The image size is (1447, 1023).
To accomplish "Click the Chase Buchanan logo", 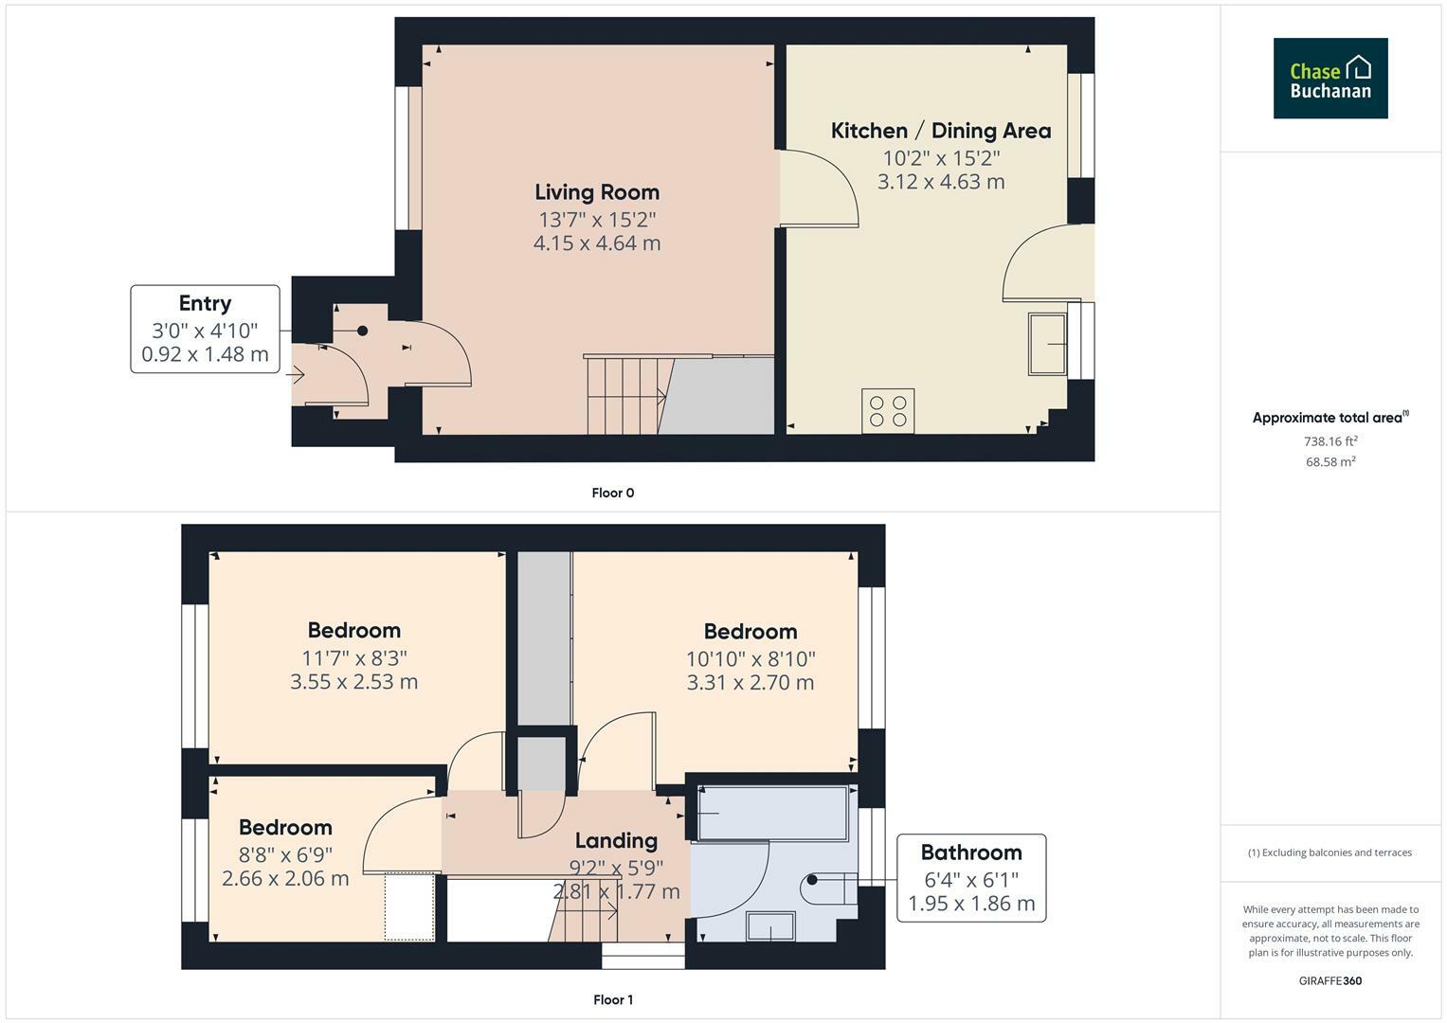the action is [x=1330, y=78].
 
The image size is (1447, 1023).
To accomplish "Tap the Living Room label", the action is [x=597, y=191].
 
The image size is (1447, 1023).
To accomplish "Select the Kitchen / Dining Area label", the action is [x=941, y=131].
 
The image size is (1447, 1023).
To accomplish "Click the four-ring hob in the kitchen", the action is [x=888, y=411].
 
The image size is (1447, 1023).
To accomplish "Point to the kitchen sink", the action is [x=1047, y=344].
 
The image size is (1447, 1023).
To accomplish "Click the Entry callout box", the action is [x=205, y=329].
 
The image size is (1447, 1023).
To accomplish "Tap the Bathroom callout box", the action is [x=971, y=878].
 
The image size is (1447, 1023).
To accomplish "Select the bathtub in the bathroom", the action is [x=772, y=813].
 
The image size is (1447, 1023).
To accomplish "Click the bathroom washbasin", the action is [x=770, y=926].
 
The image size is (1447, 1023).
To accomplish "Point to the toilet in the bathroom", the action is [x=829, y=888].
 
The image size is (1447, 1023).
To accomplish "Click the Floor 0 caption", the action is [x=613, y=493].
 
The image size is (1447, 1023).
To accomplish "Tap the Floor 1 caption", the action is [x=613, y=999].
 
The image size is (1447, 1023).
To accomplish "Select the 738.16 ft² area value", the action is [x=1330, y=441].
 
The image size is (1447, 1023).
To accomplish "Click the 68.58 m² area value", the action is [x=1330, y=462].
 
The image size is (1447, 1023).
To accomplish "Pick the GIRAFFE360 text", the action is [x=1330, y=981].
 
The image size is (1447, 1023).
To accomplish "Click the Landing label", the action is [x=616, y=840].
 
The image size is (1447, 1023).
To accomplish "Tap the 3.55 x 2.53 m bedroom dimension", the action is [x=354, y=682].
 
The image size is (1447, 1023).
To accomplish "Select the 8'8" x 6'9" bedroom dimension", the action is [x=285, y=855].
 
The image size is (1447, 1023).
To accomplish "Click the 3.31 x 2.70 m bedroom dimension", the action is [x=750, y=683].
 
